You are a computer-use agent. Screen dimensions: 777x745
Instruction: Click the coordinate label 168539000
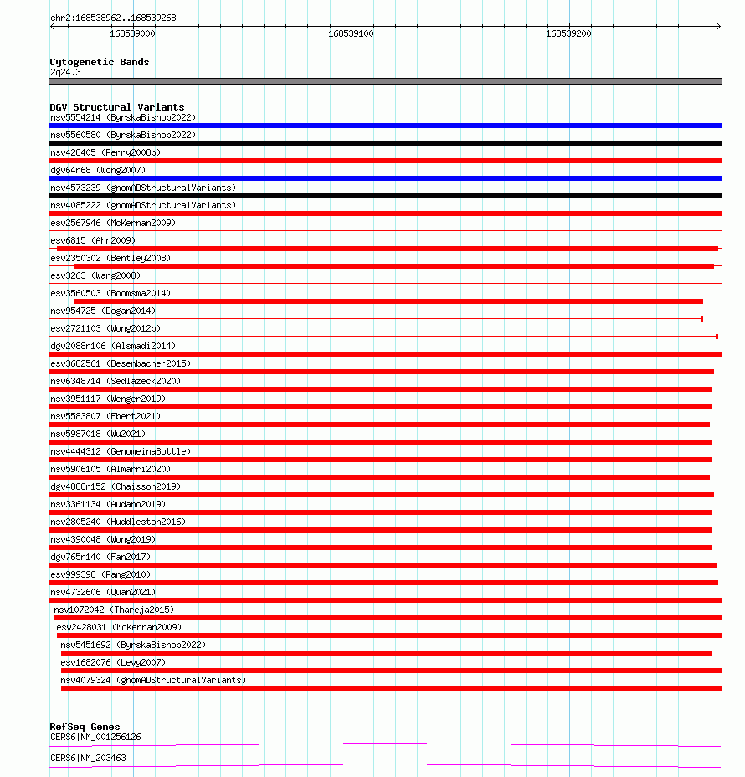[x=132, y=33]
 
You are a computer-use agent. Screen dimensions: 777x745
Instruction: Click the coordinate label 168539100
[x=351, y=33]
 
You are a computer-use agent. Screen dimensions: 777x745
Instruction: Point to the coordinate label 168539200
[x=568, y=33]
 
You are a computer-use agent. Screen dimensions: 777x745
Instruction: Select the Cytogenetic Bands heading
[x=99, y=62]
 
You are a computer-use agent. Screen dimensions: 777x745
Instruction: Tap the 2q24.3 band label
[x=65, y=72]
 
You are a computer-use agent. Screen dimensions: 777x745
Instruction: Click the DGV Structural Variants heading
[x=116, y=107]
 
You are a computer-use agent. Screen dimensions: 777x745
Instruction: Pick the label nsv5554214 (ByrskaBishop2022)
[x=122, y=117]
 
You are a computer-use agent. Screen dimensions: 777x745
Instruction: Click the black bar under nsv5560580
[x=385, y=143]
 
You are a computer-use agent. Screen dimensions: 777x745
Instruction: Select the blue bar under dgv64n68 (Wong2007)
[x=385, y=178]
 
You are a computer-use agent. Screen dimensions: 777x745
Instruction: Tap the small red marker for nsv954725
[x=701, y=319]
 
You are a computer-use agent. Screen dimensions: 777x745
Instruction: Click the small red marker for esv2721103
[x=717, y=337]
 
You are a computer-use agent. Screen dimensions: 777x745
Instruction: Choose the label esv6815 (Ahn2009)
[x=92, y=240]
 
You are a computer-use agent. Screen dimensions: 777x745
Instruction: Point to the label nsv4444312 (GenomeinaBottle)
[x=120, y=451]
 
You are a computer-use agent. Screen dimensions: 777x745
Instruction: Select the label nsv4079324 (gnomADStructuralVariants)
[x=153, y=680]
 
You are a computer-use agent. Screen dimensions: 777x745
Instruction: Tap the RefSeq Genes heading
[x=85, y=727]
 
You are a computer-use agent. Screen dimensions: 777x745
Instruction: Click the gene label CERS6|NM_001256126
[x=95, y=737]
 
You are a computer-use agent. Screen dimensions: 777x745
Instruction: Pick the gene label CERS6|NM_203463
[x=88, y=758]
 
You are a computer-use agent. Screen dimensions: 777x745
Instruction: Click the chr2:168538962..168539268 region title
[x=113, y=18]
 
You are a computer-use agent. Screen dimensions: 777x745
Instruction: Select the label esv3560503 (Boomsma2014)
[x=110, y=293]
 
